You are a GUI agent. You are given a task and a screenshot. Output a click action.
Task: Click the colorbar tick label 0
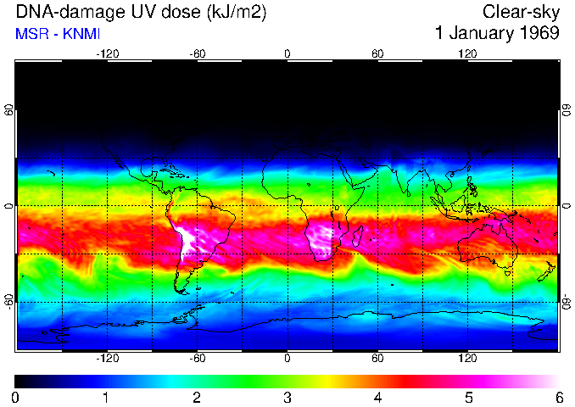click(16, 397)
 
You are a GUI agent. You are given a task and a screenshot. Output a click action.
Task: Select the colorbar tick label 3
click(287, 397)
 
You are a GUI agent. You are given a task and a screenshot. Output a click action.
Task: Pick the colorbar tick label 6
click(557, 397)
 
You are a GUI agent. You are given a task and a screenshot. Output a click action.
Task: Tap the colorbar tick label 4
click(377, 397)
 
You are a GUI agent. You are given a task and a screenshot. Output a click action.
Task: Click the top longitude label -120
click(107, 53)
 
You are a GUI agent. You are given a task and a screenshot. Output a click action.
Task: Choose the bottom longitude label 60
click(377, 359)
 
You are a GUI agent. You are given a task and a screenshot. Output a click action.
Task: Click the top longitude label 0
click(287, 53)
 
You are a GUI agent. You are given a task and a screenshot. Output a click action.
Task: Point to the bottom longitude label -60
click(197, 359)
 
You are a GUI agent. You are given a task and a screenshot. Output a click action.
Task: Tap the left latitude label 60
click(9, 112)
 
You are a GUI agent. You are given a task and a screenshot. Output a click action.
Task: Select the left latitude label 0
click(9, 206)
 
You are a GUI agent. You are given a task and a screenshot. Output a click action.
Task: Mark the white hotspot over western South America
click(191, 240)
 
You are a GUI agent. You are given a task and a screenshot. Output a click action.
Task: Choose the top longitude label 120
click(467, 53)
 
